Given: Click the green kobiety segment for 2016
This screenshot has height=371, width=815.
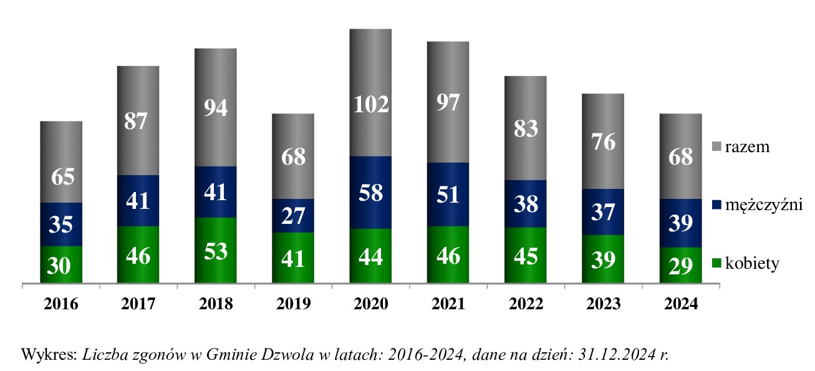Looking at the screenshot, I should pos(61,266).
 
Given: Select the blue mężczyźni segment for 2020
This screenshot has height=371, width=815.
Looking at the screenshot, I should pos(370,192).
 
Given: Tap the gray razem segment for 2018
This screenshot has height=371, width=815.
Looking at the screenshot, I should pos(216,107).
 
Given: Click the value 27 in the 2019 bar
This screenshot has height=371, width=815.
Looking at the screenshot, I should pos(293,215).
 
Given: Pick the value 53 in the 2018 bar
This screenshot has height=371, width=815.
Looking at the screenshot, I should pos(216,251).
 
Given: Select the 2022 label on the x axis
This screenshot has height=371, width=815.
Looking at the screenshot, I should pos(526,304).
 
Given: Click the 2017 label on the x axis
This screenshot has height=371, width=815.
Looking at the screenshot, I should pos(138,304).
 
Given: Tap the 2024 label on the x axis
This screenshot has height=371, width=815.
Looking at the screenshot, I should pos(680,304).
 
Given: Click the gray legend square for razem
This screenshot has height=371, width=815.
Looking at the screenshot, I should pos(718,147).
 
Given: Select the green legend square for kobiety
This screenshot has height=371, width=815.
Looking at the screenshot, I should pos(718,264).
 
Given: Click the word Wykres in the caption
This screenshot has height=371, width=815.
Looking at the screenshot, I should pos(48,354).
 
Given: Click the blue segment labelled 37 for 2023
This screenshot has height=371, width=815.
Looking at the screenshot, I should pos(603,212).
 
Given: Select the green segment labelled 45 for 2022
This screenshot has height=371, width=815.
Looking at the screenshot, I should pos(526,256).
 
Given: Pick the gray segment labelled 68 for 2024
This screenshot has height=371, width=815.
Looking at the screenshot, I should pos(680,156).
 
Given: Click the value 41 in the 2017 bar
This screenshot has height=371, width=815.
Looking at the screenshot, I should pos(138,201).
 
